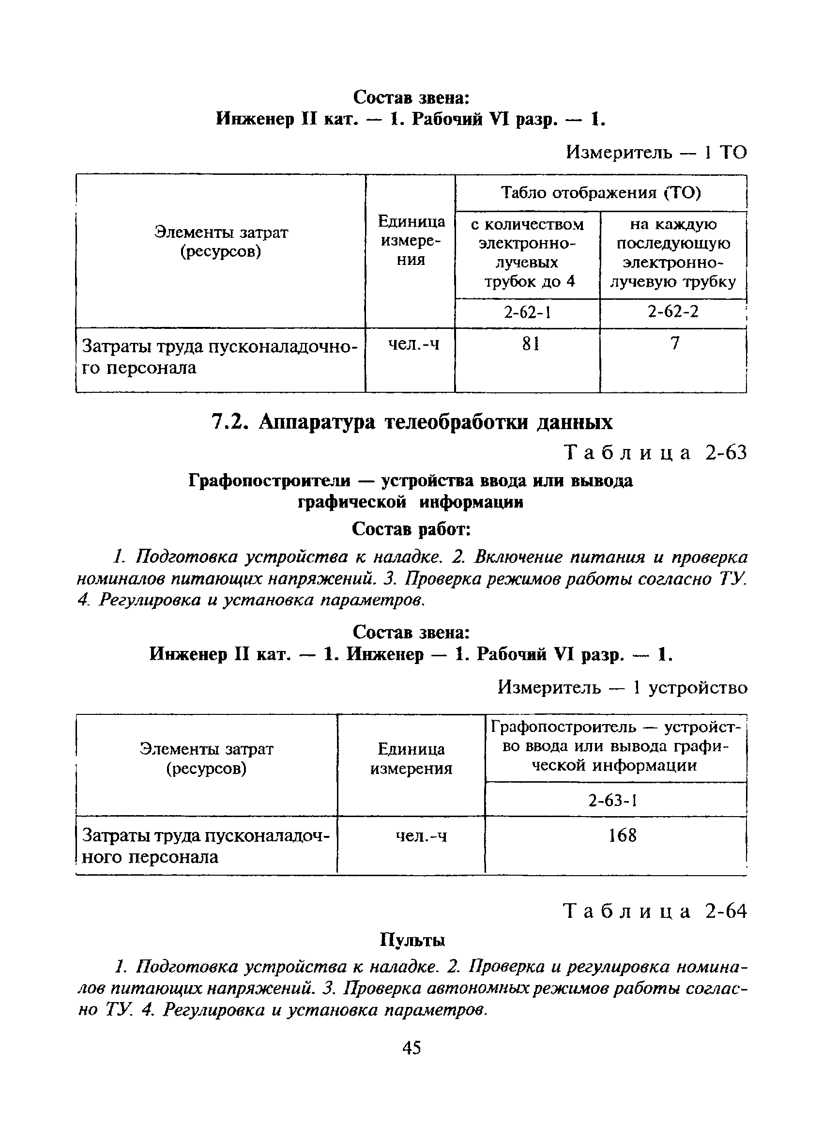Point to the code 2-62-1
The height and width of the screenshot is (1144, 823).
tap(527, 313)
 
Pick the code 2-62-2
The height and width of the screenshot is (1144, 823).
tap(673, 312)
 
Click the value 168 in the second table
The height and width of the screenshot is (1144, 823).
tap(622, 836)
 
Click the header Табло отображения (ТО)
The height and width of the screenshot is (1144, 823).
tap(601, 193)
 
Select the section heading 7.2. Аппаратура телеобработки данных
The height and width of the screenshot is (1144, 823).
tap(411, 422)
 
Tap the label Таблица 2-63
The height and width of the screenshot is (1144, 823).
tap(654, 453)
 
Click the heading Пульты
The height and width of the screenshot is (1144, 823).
tap(412, 940)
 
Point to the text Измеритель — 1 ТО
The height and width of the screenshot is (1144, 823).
tap(656, 152)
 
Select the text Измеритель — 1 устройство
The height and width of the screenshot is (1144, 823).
tap(622, 687)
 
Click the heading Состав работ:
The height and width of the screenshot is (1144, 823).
tap(411, 530)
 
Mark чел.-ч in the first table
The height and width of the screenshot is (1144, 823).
tap(413, 344)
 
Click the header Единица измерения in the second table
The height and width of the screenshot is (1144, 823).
tap(411, 758)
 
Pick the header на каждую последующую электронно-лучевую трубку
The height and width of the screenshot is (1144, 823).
tap(673, 253)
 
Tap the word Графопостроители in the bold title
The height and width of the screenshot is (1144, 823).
tap(269, 480)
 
